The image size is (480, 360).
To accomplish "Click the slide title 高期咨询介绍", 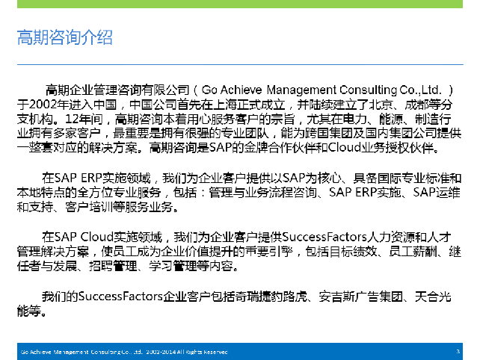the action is (x=64, y=37).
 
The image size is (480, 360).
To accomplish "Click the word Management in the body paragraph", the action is (x=301, y=90).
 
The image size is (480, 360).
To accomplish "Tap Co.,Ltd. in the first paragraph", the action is (x=421, y=90).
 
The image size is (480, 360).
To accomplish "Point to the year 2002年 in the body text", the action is (x=49, y=105).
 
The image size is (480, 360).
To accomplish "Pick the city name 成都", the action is (x=416, y=105).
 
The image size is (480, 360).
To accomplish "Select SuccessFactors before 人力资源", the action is (x=324, y=237).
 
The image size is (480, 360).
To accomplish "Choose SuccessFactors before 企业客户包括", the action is (x=120, y=297).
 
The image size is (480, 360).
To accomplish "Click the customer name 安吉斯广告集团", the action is (x=360, y=297).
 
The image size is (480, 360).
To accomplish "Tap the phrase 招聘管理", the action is (x=113, y=266).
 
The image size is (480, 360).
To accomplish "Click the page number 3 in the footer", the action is (x=458, y=352).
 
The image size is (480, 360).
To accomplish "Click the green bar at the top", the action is (x=240, y=4).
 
